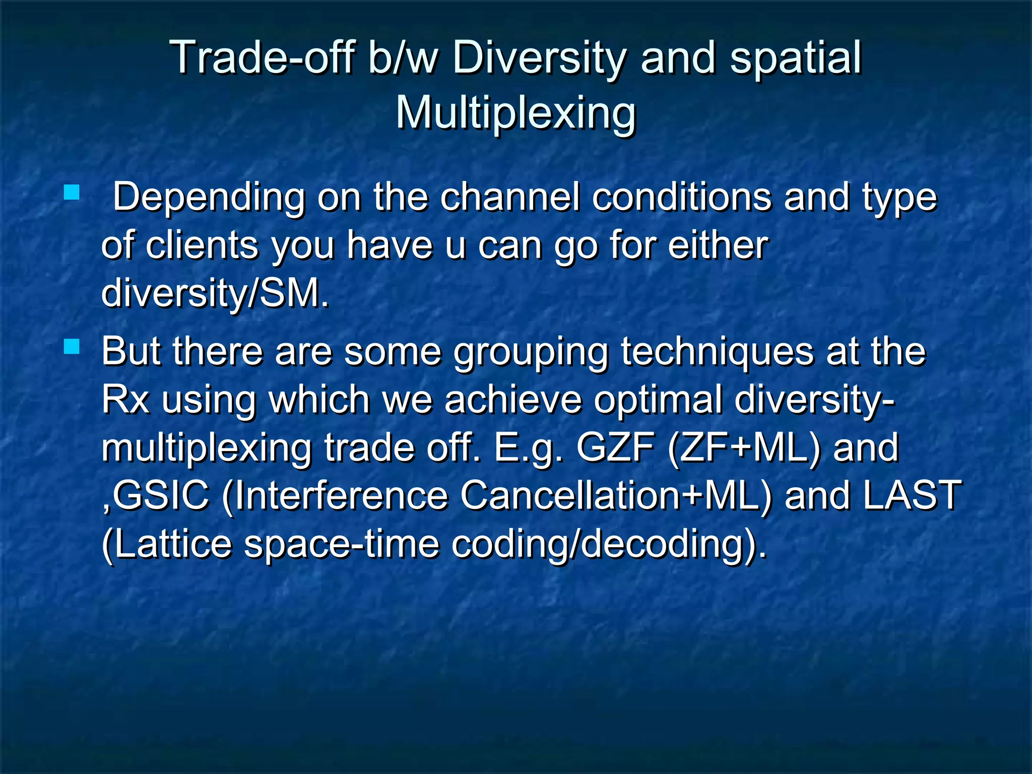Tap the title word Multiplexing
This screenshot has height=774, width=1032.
[x=515, y=113]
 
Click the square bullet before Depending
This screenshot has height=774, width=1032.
[x=72, y=192]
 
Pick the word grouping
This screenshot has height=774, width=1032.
[x=531, y=352]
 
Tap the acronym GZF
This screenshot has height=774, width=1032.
[x=615, y=447]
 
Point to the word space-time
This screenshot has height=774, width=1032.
[x=342, y=544]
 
